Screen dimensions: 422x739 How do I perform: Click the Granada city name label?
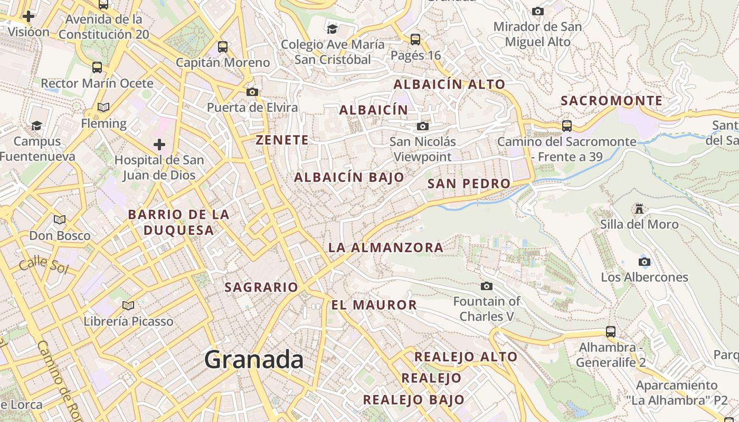tap(254, 360)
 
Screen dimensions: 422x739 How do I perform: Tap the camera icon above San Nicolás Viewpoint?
tap(422, 127)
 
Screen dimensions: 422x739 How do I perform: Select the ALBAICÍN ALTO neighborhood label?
tap(449, 84)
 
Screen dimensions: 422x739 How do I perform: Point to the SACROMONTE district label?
tap(611, 101)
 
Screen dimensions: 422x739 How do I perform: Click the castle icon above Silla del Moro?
tap(639, 209)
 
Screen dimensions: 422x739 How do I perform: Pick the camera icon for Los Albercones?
tap(644, 262)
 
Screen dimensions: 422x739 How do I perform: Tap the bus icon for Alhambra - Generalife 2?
tap(611, 332)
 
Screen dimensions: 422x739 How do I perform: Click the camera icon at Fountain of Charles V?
tap(487, 286)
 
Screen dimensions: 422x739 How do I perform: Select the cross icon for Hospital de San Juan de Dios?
tap(159, 145)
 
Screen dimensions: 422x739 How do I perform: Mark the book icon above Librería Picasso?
tap(128, 305)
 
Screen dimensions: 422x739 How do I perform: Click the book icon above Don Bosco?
tap(60, 219)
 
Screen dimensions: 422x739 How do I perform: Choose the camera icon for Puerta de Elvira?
tap(252, 92)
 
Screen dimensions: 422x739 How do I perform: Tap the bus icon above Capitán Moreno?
tap(223, 46)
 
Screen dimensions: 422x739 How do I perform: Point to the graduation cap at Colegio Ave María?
tap(332, 28)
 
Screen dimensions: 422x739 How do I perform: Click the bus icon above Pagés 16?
tap(415, 39)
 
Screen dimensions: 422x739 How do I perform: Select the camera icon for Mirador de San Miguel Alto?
tap(538, 11)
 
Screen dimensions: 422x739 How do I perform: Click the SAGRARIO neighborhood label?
tap(261, 287)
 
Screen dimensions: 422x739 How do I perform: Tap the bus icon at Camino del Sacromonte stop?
tap(566, 126)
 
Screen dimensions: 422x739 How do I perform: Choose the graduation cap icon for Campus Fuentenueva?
tap(36, 126)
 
